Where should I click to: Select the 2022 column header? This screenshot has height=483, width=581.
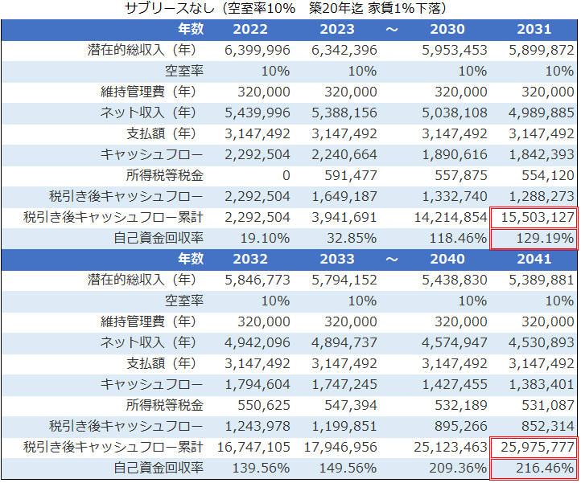pos(250,30)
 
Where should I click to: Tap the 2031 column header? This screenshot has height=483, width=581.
pos(534,30)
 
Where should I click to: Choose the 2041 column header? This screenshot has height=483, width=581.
pos(534,259)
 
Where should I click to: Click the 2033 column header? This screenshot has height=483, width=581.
pos(337,259)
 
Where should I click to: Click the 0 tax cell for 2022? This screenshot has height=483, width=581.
pos(286,175)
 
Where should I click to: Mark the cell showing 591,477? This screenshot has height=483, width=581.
pos(348,175)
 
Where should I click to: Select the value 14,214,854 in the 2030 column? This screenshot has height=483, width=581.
pos(447,217)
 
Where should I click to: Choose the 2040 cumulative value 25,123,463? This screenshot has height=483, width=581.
pos(447,446)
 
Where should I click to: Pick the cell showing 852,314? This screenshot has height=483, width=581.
pos(547,425)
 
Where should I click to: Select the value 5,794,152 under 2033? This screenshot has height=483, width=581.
pos(344,280)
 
